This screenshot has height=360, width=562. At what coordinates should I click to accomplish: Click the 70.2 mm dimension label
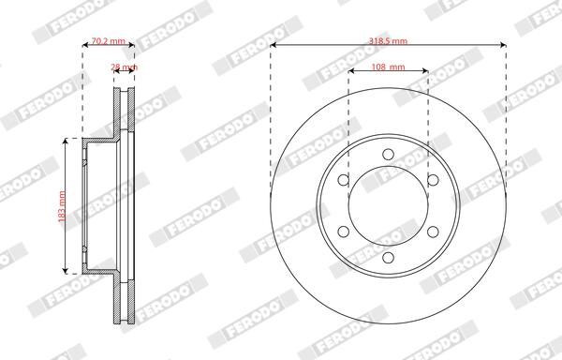pyautogui.click(x=110, y=42)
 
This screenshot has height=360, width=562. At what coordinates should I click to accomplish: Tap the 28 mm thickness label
pyautogui.click(x=125, y=68)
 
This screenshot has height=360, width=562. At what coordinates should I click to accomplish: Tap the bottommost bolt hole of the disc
pyautogui.click(x=389, y=256)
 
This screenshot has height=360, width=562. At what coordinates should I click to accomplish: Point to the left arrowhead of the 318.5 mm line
pyautogui.click(x=274, y=49)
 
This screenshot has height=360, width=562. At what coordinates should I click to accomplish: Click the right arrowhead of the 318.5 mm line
pyautogui.click(x=504, y=49)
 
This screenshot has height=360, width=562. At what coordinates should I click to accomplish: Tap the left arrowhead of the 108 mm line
pyautogui.click(x=352, y=74)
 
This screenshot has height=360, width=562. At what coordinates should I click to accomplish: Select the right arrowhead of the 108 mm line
pyautogui.click(x=425, y=74)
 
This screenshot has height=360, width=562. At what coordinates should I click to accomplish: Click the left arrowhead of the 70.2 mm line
pyautogui.click(x=86, y=49)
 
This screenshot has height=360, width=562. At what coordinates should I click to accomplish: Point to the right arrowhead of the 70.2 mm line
pyautogui.click(x=134, y=49)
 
